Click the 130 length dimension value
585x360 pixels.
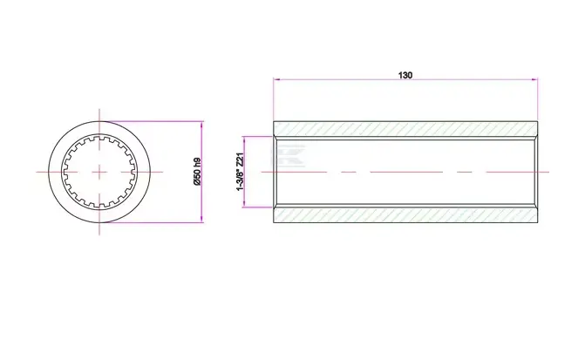(x=405, y=75)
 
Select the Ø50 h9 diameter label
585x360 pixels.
(x=196, y=172)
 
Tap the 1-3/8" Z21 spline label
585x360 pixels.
(x=238, y=172)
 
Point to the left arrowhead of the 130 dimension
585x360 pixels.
(x=276, y=81)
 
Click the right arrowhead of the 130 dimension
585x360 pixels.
(x=534, y=81)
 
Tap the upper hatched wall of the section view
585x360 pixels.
(x=405, y=129)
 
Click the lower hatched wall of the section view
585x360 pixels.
(x=405, y=215)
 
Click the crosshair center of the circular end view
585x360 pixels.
(x=100, y=172)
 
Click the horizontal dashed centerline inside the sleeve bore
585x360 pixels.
(x=405, y=173)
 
